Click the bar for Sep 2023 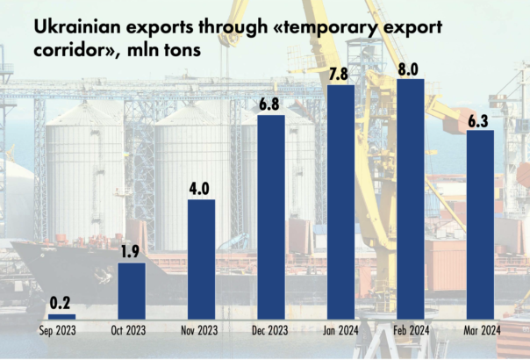[x=61, y=316]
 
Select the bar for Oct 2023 [x=132, y=291]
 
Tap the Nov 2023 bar [x=201, y=259]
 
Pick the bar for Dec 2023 [x=270, y=217]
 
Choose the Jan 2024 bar [x=340, y=202]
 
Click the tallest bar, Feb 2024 [x=410, y=199]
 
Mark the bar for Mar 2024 [x=479, y=224]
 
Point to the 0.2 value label [x=61, y=303]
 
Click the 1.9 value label [x=132, y=252]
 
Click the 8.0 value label [x=410, y=68]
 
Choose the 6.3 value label [x=479, y=119]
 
